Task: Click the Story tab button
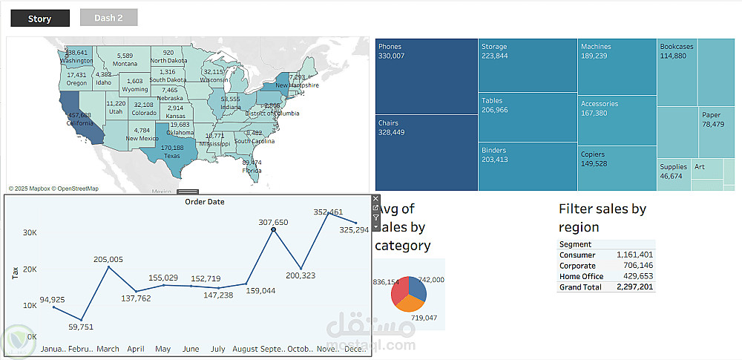click(39, 19)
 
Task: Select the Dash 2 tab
click(108, 18)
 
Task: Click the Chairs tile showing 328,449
click(426, 153)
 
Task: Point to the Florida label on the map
click(252, 170)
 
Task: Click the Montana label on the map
click(125, 64)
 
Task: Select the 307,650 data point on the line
click(274, 230)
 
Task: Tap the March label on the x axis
click(108, 349)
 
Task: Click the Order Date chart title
click(205, 201)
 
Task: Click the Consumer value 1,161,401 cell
click(635, 255)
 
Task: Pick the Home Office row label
click(581, 276)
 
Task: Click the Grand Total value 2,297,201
click(635, 287)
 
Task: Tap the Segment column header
click(576, 244)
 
